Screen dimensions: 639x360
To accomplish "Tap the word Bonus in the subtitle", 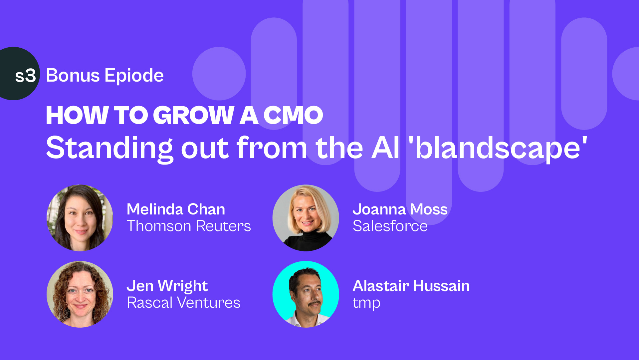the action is pos(73,75).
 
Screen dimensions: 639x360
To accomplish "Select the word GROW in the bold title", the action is pos(194,115).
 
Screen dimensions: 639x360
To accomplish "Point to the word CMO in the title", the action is pos(293,115).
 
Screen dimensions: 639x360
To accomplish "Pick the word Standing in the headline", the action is pos(109,149).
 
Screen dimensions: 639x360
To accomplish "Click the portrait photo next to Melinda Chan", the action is pos(80,218).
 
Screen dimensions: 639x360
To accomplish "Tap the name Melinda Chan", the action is pos(176,209).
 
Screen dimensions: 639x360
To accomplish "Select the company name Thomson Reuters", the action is pos(189,226).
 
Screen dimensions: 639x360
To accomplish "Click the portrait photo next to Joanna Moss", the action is pos(306,218).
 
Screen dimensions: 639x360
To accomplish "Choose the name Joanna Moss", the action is pos(400,209).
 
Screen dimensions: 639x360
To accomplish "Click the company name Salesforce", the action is pos(390,226).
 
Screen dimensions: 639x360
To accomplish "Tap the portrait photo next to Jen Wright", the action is pos(80,294).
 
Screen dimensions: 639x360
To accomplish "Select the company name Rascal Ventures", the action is pos(183,303).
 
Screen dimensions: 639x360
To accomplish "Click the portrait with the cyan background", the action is pos(306,294).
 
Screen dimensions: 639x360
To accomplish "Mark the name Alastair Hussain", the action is pos(411,286).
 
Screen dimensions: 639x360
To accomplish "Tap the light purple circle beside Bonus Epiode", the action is pos(219,74).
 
